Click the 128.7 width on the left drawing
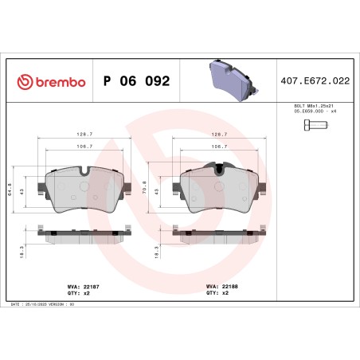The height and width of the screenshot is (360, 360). tap(84, 135)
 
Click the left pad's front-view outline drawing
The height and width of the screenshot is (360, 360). tap(84, 190)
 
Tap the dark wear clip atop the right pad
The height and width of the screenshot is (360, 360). tap(219, 166)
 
